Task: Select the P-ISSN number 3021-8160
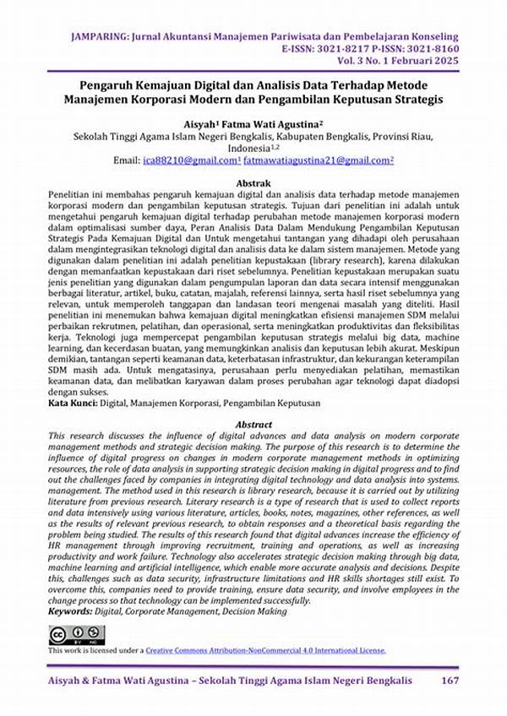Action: (431, 50)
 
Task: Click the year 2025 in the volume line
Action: (447, 62)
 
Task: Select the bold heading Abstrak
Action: (253, 183)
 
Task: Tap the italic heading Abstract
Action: (253, 425)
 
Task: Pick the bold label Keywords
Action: (72, 610)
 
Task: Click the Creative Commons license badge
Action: (76, 634)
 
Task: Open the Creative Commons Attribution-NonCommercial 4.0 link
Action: (265, 650)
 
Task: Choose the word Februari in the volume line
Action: (404, 62)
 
